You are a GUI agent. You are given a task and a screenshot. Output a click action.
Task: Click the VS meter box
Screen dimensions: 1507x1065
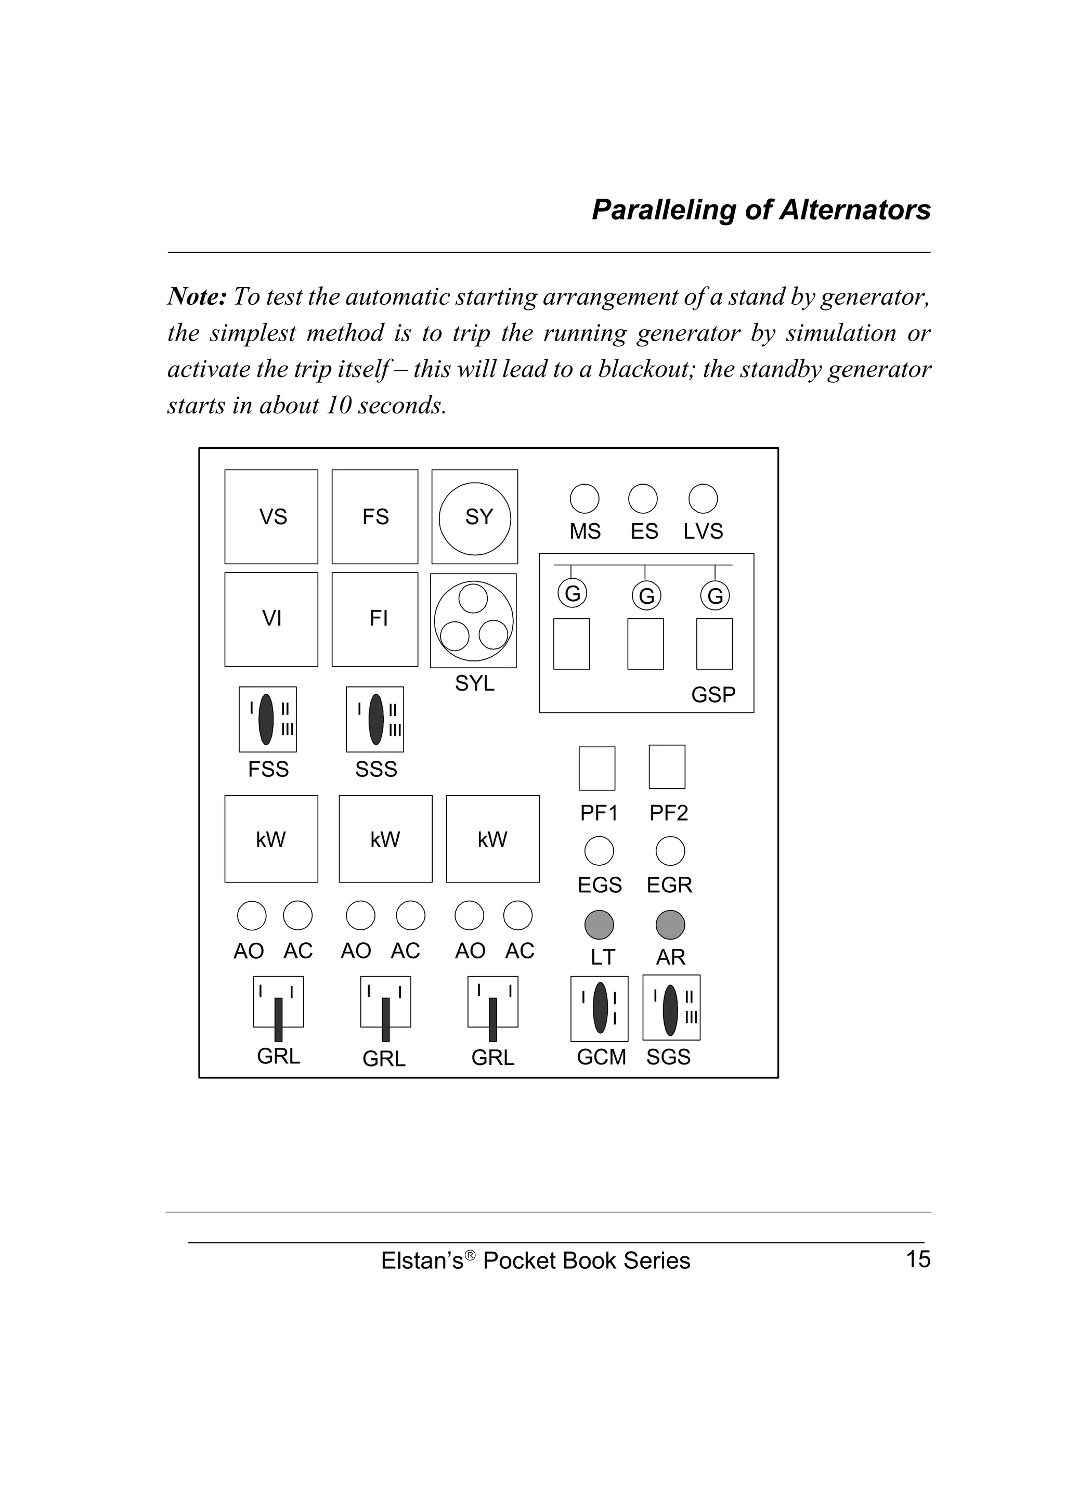(271, 516)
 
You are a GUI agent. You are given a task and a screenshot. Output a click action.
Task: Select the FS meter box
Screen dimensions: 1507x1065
(375, 516)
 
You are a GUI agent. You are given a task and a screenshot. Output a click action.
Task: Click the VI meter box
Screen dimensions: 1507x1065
(271, 619)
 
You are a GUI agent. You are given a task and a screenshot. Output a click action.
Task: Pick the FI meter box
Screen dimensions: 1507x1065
(375, 619)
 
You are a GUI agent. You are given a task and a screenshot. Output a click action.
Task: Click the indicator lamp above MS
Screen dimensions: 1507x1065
(584, 499)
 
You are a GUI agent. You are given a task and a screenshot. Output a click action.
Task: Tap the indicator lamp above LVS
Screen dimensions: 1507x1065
(703, 499)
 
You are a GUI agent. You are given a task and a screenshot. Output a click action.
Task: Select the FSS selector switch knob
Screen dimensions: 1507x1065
(266, 719)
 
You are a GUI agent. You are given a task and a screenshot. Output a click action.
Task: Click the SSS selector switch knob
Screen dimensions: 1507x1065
(376, 719)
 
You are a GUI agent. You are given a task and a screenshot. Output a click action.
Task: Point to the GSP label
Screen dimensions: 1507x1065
(713, 694)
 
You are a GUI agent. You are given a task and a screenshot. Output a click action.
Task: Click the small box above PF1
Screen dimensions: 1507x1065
(596, 768)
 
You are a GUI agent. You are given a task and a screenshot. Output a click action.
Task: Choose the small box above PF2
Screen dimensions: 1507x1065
(667, 767)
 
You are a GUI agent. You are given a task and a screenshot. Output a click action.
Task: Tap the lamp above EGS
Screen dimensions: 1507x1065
(599, 851)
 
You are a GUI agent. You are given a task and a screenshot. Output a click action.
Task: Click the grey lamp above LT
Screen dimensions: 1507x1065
(599, 925)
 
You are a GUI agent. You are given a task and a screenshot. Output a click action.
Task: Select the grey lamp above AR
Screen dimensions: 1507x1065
(670, 925)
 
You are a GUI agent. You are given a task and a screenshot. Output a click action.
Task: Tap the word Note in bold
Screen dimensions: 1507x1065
(197, 297)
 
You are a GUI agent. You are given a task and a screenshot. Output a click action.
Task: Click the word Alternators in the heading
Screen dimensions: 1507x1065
(854, 210)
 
